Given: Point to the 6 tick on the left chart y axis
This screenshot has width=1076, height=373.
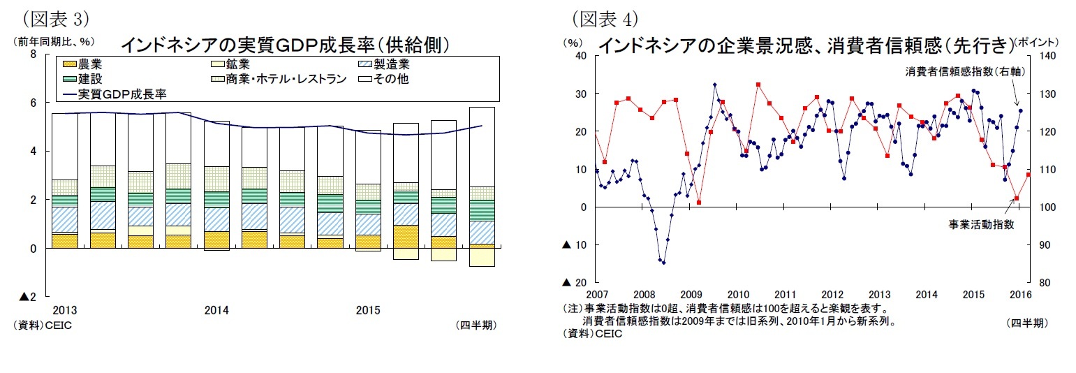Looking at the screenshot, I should pos(33,103).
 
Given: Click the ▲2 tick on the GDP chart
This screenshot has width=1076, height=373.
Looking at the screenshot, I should pos(29,297).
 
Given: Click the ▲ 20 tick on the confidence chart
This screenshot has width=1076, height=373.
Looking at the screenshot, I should pos(574,282).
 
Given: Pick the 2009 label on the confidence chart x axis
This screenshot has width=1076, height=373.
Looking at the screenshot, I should pos(691,294).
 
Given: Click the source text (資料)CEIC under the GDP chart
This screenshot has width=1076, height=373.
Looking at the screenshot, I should pos(42,325).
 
